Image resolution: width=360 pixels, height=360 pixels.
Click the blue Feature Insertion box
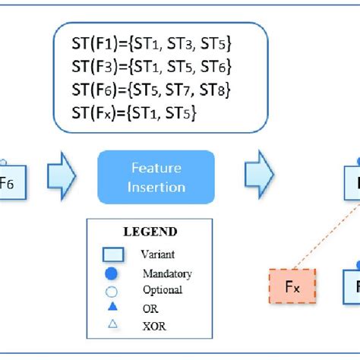click(x=156, y=177)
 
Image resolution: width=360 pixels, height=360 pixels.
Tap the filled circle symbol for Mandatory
click(x=112, y=273)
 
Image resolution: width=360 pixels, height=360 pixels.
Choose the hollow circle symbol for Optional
click(x=112, y=290)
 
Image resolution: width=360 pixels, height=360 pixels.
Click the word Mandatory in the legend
click(x=167, y=273)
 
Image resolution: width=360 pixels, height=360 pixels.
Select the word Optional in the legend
click(x=163, y=289)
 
